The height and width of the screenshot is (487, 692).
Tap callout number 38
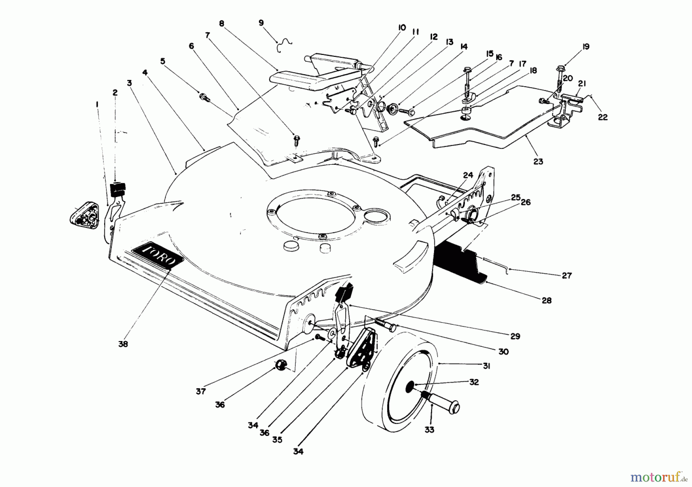click(123, 344)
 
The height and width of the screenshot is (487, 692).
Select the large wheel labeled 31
click(400, 388)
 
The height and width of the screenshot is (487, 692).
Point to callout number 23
click(538, 162)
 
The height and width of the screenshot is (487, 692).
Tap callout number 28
click(546, 300)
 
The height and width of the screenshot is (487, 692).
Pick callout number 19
click(586, 47)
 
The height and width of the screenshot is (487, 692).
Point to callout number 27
click(567, 275)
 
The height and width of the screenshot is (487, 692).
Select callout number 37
click(201, 391)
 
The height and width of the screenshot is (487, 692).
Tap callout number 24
click(468, 175)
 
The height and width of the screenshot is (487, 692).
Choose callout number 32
click(474, 382)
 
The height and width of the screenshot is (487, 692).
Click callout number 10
click(402, 28)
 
